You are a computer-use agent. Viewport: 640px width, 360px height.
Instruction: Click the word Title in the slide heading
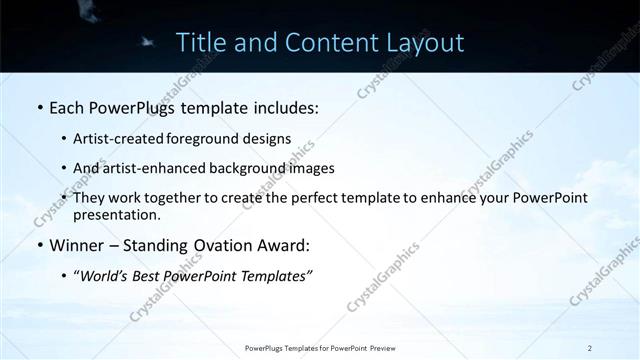(200, 43)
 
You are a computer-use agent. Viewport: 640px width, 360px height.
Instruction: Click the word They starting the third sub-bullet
(90, 198)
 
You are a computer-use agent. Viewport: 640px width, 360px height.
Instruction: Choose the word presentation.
(117, 214)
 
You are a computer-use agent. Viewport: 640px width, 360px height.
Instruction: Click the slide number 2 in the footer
(590, 348)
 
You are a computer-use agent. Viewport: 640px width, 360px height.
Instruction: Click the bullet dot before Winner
(39, 246)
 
